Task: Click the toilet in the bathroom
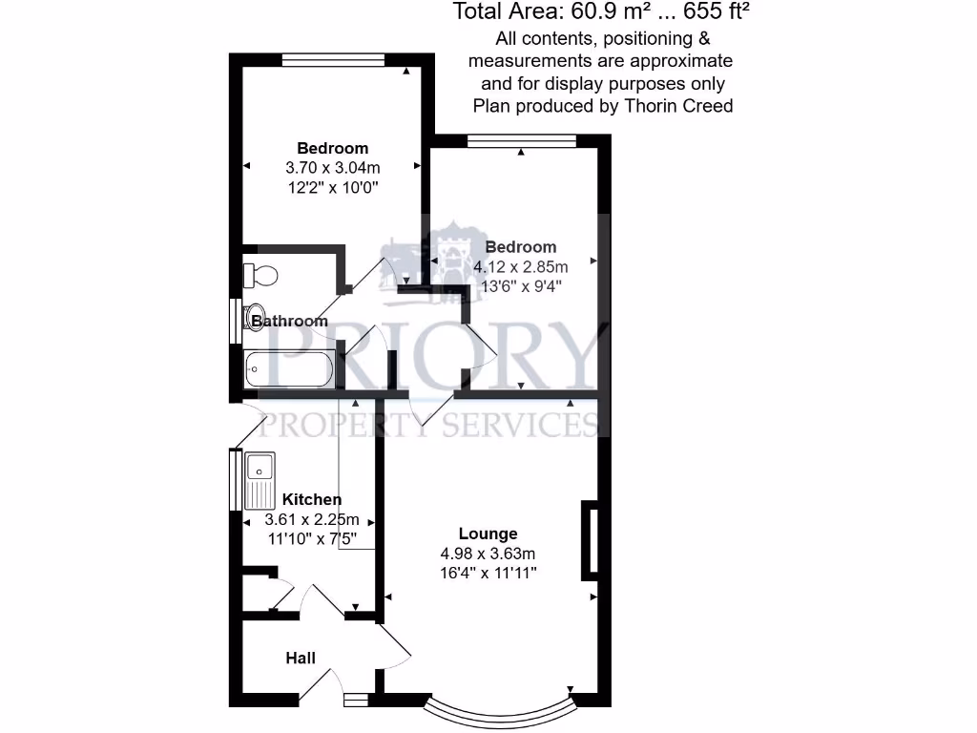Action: coord(260,275)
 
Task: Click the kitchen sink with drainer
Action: coord(260,480)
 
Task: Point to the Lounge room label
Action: coord(488,534)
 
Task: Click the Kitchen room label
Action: coord(312,499)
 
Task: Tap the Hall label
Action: coord(301,658)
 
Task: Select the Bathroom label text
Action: coord(289,322)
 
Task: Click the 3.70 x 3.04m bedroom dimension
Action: coord(332,168)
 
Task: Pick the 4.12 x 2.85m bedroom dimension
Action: coord(520,265)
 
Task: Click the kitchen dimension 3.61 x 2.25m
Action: coord(312,520)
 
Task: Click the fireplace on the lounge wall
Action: coord(591,539)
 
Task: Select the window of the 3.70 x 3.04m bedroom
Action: coord(333,59)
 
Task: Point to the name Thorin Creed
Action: coord(678,106)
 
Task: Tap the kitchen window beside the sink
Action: coord(235,480)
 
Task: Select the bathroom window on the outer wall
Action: coord(235,321)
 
